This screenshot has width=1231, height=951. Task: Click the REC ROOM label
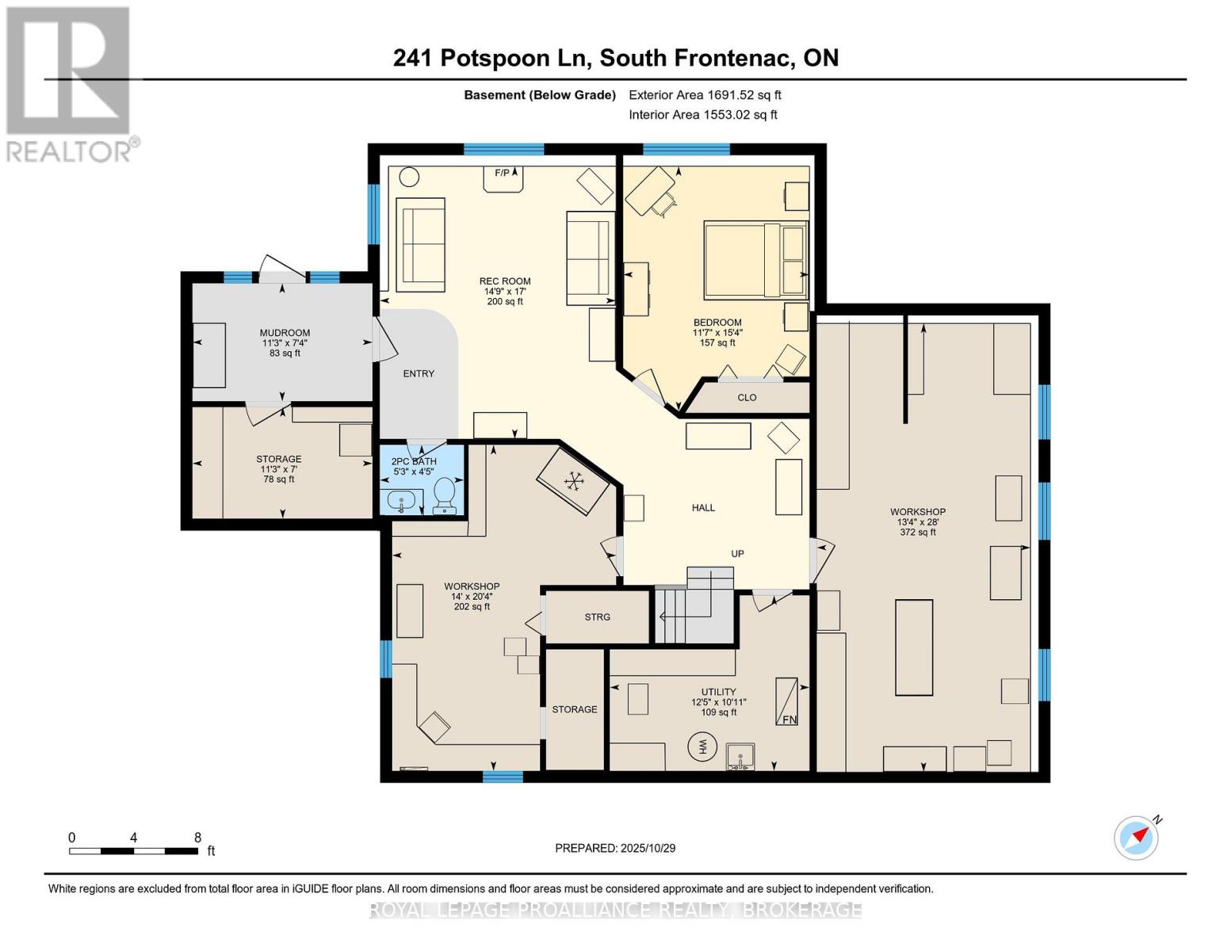[504, 281]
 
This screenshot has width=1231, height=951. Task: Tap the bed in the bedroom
[755, 260]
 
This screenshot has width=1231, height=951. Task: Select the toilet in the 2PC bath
[445, 495]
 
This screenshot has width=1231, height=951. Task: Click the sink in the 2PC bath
[402, 501]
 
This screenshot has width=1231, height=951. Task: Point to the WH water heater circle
[702, 746]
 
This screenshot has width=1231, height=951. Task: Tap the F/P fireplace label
[503, 173]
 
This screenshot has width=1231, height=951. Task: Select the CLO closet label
[747, 398]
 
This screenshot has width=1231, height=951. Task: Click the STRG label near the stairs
[597, 617]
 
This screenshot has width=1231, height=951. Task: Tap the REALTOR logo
[69, 83]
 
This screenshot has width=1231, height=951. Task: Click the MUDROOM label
[285, 333]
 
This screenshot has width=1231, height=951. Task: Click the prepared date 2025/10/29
[615, 848]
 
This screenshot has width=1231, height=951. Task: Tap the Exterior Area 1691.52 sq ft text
[705, 95]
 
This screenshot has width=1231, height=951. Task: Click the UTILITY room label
[718, 692]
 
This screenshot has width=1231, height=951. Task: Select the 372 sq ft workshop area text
[917, 533]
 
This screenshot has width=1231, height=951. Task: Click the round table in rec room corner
[409, 177]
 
